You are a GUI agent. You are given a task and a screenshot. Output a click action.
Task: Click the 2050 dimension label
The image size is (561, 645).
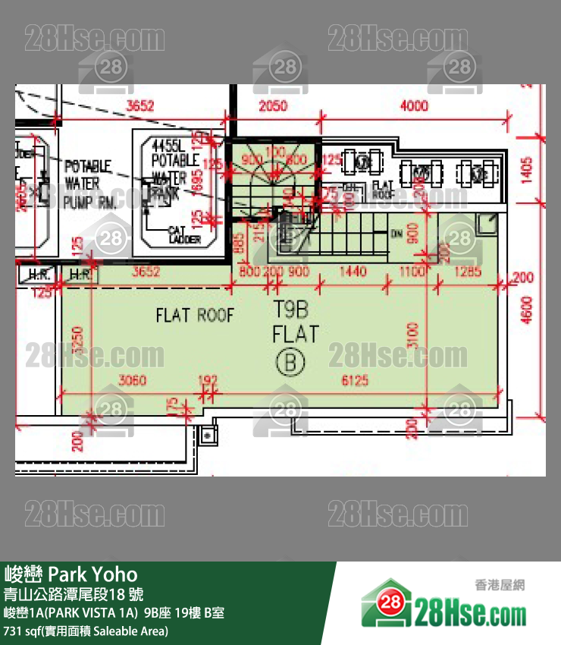[273, 106]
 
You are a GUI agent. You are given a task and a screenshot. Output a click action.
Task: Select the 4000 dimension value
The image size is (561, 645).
[413, 106]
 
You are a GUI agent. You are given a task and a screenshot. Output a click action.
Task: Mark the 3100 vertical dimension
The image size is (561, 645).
[412, 333]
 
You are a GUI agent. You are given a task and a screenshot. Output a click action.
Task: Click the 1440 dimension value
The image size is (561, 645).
[353, 271]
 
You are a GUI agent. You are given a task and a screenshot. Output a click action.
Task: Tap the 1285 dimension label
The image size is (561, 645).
[468, 271]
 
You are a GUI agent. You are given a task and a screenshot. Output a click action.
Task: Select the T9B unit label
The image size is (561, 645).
[289, 310]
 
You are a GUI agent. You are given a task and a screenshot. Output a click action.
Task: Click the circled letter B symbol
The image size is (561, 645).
[289, 363]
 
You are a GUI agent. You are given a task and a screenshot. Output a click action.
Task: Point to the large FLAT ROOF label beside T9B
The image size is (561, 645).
[195, 314]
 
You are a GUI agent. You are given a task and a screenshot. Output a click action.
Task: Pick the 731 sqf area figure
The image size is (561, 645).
[25, 631]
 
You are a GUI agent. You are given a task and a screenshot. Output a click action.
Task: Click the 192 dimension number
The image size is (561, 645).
[207, 380]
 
